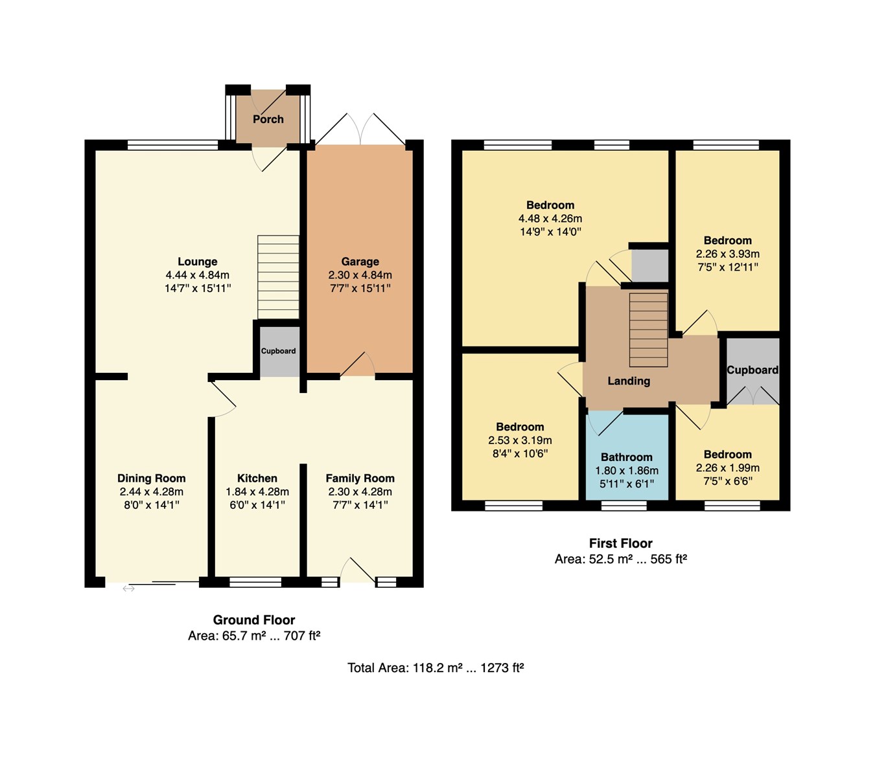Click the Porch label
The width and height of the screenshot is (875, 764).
click(268, 119)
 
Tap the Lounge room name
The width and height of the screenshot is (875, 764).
click(198, 262)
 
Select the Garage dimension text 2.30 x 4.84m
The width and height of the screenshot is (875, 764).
click(360, 275)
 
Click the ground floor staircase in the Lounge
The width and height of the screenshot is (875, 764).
click(278, 277)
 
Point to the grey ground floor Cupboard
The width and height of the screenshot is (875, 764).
click(279, 352)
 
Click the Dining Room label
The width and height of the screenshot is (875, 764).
click(151, 478)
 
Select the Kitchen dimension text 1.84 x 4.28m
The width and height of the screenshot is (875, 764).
click(257, 492)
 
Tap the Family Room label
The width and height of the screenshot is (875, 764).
click(360, 478)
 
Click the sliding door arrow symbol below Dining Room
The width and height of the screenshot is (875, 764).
click(128, 589)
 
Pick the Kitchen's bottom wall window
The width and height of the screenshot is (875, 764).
click(255, 582)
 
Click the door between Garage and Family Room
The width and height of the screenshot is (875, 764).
click(357, 366)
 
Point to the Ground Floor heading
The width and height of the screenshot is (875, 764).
click(254, 620)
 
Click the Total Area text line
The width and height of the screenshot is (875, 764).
click(436, 668)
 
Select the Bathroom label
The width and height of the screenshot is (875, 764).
click(626, 457)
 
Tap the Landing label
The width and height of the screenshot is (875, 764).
click(628, 381)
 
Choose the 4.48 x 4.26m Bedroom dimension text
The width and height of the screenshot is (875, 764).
click(550, 219)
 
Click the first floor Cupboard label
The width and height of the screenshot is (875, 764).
click(752, 370)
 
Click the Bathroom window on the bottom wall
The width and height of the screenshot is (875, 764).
click(624, 506)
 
